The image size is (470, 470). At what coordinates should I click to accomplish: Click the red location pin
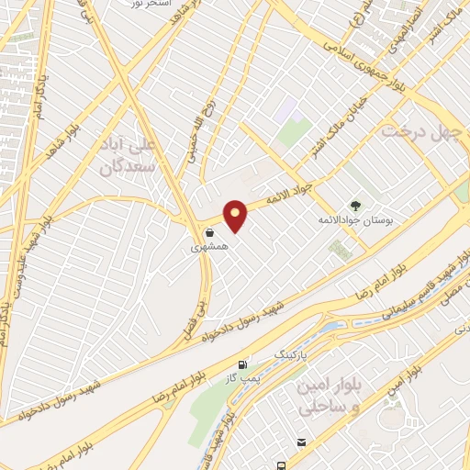236,216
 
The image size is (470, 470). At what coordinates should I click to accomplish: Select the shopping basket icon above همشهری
211,233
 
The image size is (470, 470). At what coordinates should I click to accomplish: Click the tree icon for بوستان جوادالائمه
355,205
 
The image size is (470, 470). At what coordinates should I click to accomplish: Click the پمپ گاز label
241,377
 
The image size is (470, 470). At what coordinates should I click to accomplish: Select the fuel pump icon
242,364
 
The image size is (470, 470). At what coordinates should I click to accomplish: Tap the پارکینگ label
291,352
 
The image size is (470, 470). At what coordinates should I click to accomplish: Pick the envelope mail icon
300,442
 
